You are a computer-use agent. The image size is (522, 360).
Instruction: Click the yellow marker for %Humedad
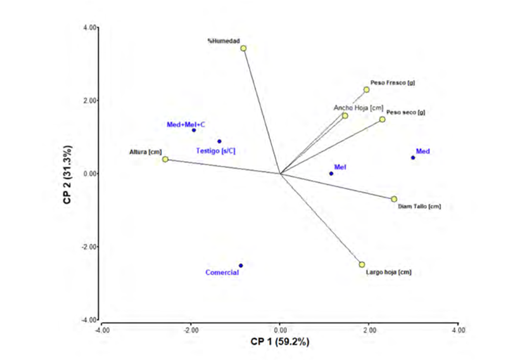click(243, 49)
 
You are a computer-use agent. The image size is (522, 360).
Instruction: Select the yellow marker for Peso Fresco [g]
click(367, 89)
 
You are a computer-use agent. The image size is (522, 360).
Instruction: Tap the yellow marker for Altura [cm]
click(165, 160)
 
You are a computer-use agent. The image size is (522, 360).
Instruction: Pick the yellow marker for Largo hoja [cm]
click(362, 264)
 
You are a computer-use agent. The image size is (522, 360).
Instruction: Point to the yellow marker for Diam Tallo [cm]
click(394, 199)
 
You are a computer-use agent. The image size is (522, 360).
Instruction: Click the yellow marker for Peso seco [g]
click(383, 120)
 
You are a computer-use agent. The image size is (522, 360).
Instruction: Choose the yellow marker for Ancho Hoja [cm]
click(345, 115)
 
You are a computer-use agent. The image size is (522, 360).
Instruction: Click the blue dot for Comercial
click(241, 266)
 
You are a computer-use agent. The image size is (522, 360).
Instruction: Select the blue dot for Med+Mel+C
click(194, 130)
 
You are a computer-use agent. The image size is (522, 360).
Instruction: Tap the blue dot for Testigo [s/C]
click(219, 141)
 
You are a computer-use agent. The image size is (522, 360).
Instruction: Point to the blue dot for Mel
click(331, 174)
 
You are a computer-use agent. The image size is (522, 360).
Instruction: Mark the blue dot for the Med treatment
click(413, 157)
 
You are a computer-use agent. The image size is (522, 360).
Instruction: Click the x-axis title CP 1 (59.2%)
click(280, 341)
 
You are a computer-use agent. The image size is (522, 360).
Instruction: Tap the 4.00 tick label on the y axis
click(89, 27)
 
